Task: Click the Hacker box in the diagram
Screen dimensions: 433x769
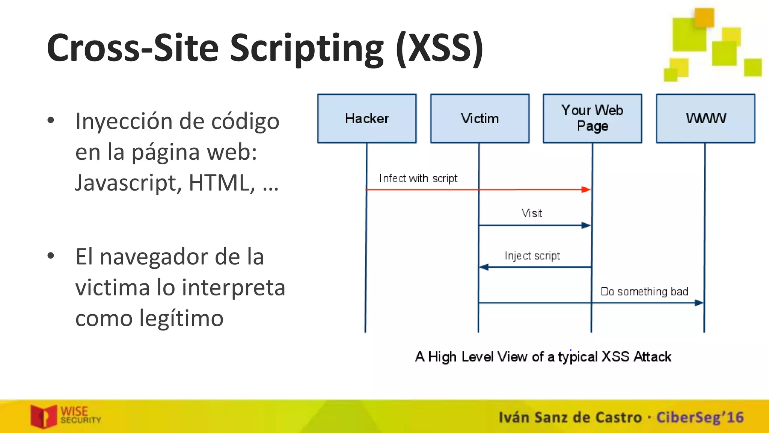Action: click(367, 118)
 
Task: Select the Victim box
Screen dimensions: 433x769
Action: click(479, 118)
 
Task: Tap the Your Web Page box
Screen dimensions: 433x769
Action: click(592, 118)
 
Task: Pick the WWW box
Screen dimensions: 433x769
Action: click(706, 118)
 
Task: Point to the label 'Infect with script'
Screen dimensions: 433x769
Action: click(418, 178)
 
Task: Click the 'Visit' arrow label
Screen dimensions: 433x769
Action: click(532, 213)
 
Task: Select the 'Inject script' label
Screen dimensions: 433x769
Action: click(532, 256)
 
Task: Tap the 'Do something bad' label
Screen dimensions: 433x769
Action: click(644, 292)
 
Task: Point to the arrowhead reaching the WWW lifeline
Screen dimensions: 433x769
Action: click(699, 303)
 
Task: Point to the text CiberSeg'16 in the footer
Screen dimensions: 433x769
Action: click(700, 418)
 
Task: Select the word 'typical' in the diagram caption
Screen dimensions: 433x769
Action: click(578, 357)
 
